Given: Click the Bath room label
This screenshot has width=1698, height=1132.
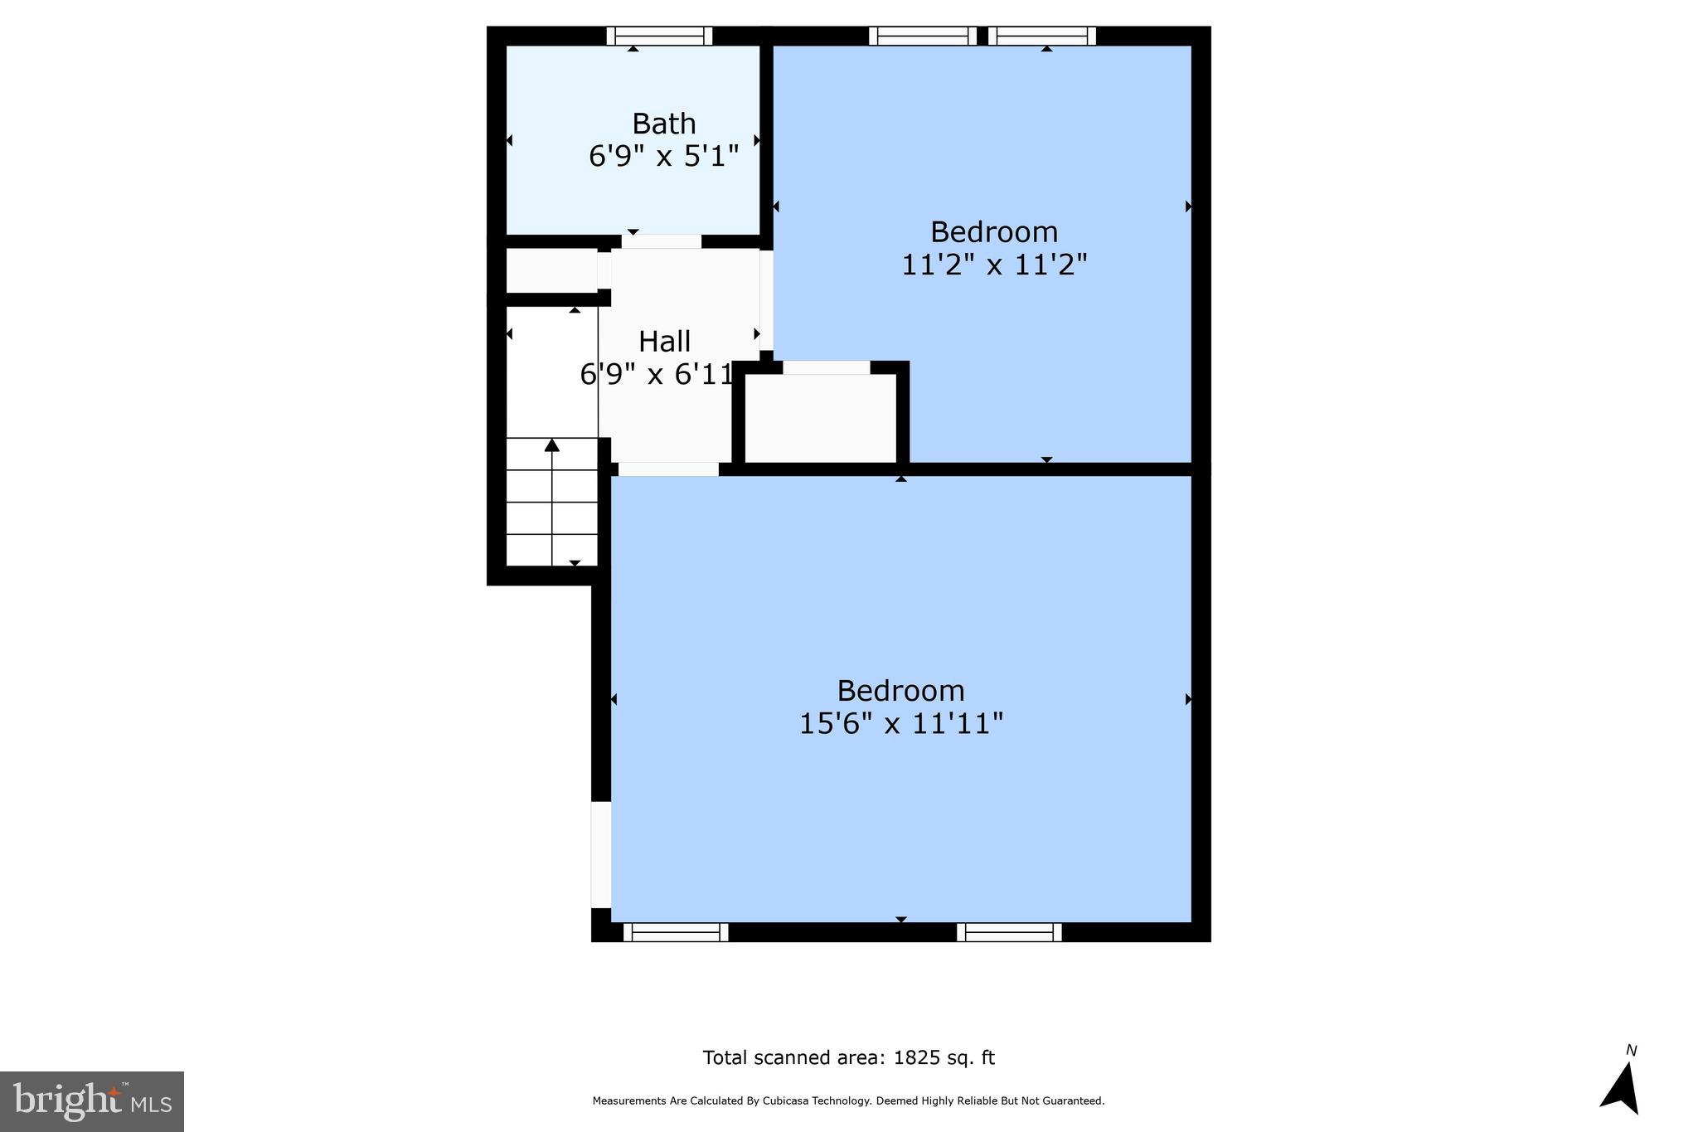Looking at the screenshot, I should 663,124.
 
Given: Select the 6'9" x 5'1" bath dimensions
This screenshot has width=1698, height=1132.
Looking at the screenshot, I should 663,156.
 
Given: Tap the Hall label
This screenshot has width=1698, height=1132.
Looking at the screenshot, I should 664,341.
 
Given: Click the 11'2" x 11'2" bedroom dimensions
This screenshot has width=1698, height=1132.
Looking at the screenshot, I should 993,265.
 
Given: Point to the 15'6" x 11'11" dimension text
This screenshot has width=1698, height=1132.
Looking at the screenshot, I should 900,723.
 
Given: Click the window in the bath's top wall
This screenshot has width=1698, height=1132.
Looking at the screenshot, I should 659,36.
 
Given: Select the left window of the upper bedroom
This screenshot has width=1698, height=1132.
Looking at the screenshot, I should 922,36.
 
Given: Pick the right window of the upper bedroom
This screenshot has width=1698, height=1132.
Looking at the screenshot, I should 1041,36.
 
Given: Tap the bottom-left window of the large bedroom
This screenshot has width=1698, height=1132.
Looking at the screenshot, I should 675,932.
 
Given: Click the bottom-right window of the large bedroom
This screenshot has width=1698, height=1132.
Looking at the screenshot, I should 1009,932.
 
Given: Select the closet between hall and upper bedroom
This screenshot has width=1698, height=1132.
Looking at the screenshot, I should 821,419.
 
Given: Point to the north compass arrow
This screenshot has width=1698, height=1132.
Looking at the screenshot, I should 1622,1090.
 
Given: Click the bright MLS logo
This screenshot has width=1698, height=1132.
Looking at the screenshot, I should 92,1101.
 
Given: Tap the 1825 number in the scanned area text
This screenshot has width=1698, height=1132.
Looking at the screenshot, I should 911,1057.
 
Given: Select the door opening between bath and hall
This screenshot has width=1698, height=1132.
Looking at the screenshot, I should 662,241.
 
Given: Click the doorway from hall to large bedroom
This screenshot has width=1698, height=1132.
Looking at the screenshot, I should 668,469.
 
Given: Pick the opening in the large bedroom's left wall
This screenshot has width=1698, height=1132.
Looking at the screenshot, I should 601,854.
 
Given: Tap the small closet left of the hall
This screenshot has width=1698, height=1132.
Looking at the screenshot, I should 551,270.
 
